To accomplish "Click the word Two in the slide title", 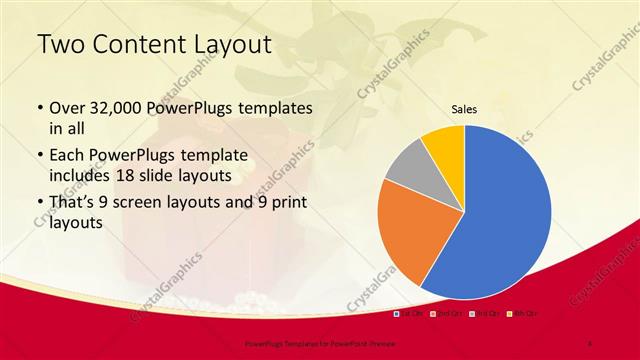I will point(60,45).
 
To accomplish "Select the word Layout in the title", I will point(230,45).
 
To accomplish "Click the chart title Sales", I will point(464,109).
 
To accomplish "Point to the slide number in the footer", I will point(590,343).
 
